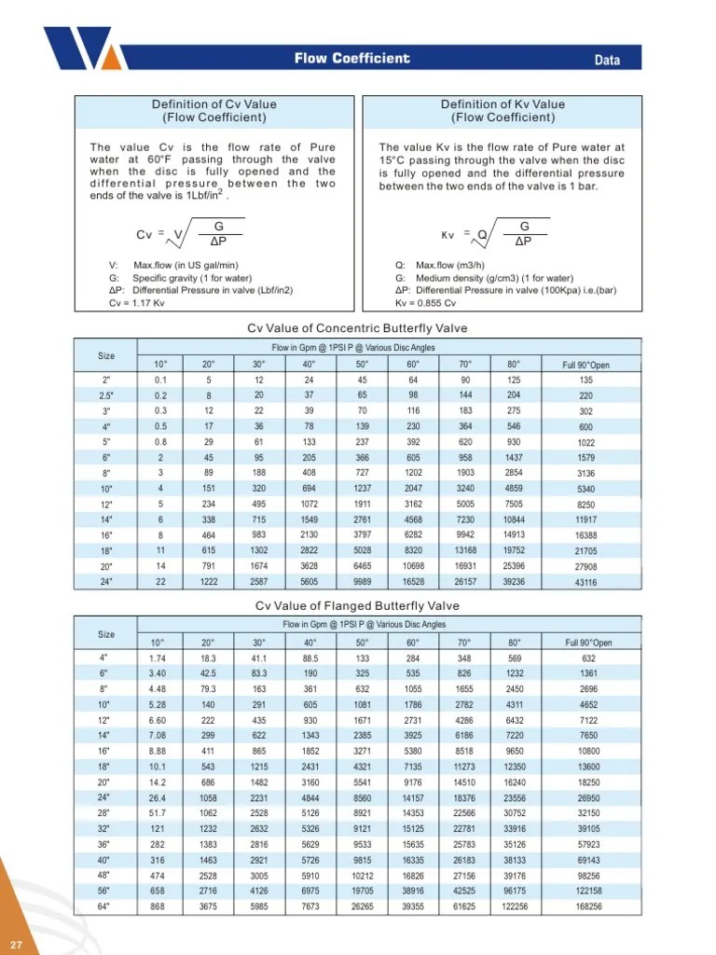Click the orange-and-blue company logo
point(78,48)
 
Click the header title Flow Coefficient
point(351,59)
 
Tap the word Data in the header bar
point(607,61)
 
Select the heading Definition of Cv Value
point(213,104)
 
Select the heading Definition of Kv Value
point(503,104)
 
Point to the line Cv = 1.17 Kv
point(137,303)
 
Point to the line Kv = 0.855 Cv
point(426,303)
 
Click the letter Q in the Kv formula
point(482,234)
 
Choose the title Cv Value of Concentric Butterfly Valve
point(357,328)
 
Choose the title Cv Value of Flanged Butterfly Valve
point(357,606)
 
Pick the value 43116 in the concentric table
point(587,582)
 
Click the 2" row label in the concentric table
point(106,380)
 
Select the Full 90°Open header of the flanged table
point(588,643)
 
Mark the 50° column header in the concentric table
point(362,364)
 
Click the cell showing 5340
point(587,489)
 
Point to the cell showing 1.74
point(158,658)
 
